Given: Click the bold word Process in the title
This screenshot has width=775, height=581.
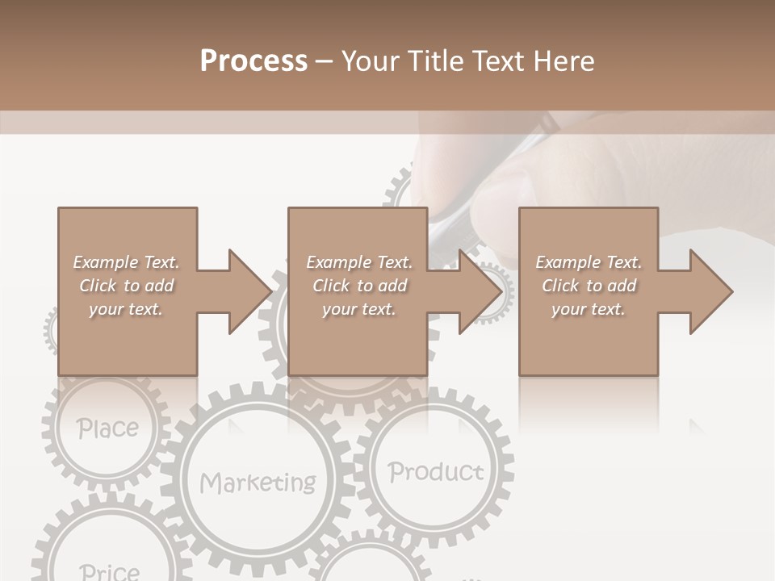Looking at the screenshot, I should pyautogui.click(x=253, y=61).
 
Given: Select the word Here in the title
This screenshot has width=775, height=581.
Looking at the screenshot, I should pyautogui.click(x=563, y=61).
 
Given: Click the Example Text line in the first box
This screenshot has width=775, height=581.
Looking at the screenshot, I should pyautogui.click(x=127, y=262).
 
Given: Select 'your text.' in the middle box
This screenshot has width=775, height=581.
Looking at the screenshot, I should pyautogui.click(x=358, y=309).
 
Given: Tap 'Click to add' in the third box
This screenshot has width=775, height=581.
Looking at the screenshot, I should pyautogui.click(x=589, y=286).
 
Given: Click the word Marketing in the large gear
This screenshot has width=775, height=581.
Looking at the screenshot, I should pyautogui.click(x=258, y=483).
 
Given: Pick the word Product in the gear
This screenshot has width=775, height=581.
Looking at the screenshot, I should pyautogui.click(x=436, y=471).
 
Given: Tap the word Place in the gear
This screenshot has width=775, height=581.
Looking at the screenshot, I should pyautogui.click(x=108, y=428).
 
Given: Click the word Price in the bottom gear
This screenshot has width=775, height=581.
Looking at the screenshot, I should pyautogui.click(x=110, y=571).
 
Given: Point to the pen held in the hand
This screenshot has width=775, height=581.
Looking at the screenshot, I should pyautogui.click(x=452, y=218).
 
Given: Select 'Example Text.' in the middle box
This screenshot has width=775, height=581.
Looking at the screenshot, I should pyautogui.click(x=358, y=262).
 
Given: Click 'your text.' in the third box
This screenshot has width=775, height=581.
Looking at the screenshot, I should pyautogui.click(x=589, y=309).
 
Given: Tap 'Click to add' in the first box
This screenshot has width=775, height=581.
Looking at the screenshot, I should pyautogui.click(x=127, y=286).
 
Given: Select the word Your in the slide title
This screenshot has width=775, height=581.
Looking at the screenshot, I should pyautogui.click(x=371, y=61).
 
